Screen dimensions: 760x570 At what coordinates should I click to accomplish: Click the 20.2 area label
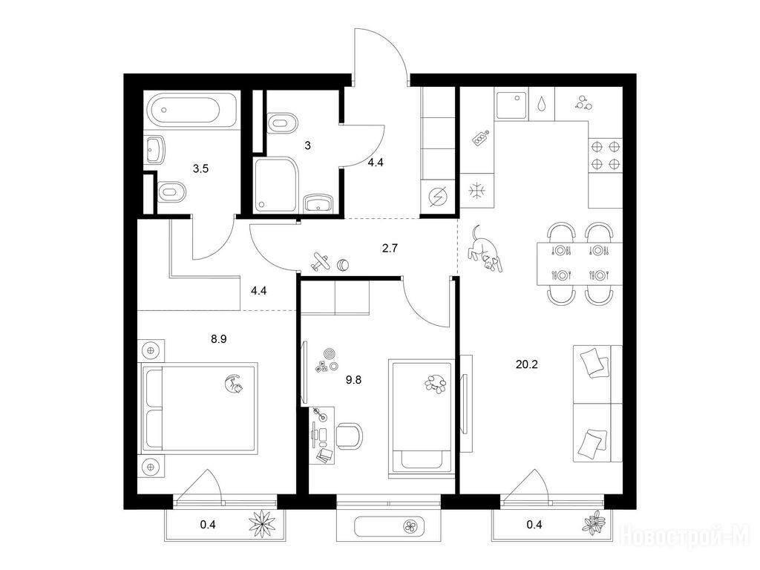pyautogui.click(x=526, y=364)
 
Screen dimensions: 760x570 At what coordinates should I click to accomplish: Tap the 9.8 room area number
pyautogui.click(x=353, y=380)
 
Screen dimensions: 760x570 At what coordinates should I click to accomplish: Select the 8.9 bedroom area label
pyautogui.click(x=219, y=339)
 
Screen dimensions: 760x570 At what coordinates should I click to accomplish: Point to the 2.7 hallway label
pyautogui.click(x=390, y=249)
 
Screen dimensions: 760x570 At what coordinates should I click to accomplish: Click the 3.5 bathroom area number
pyautogui.click(x=200, y=168)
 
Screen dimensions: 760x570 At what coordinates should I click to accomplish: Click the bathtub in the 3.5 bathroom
pyautogui.click(x=192, y=110)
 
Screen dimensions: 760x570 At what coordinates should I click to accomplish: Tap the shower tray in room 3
pyautogui.click(x=275, y=185)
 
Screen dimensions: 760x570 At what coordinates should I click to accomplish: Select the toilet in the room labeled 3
pyautogui.click(x=282, y=123)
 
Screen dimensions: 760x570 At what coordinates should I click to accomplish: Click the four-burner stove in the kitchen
pyautogui.click(x=606, y=154)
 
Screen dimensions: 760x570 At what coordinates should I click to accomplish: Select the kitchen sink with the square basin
pyautogui.click(x=511, y=104)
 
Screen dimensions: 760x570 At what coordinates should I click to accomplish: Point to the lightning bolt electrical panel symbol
pyautogui.click(x=438, y=197)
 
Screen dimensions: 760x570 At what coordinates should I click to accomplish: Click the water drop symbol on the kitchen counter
pyautogui.click(x=541, y=104)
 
